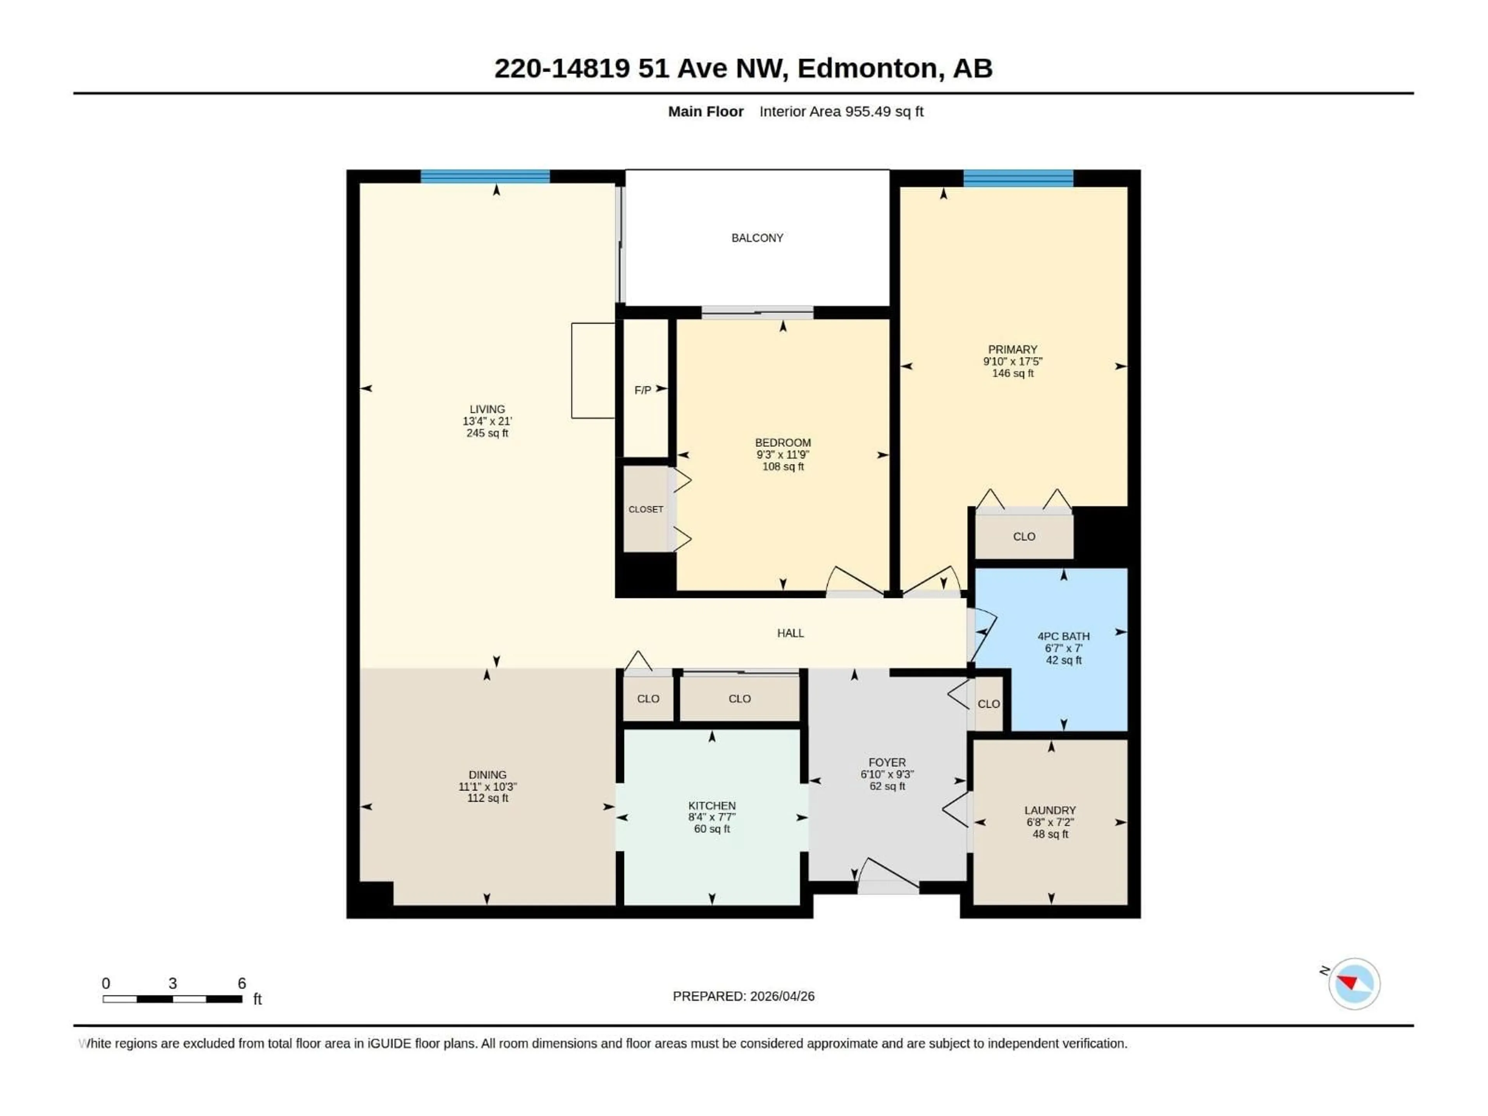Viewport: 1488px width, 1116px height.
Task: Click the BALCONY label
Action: pos(757,238)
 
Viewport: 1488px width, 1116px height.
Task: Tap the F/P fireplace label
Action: pos(642,390)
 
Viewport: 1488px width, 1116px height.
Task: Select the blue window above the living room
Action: pos(485,176)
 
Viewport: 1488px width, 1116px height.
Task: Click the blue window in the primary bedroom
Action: pos(1018,178)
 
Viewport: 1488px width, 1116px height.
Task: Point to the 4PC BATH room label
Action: pos(1063,636)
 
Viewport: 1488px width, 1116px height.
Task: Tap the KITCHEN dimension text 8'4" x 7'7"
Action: pos(712,817)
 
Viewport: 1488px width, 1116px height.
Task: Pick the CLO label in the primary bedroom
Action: pos(1024,536)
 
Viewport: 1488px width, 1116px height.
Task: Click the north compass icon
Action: pos(1354,983)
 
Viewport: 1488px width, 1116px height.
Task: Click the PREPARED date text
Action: pos(743,996)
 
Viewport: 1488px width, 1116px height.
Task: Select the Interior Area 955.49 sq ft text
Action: pos(841,112)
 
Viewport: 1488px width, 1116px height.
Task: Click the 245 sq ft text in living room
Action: pos(487,433)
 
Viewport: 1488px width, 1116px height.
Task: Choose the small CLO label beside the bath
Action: pos(988,704)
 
